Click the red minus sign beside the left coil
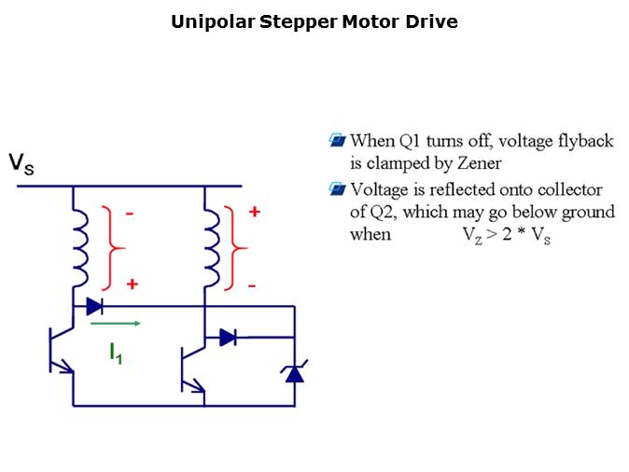tap(131, 214)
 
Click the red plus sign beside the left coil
tap(132, 284)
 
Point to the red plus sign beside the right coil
tap(254, 213)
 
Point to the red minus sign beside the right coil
tap(251, 283)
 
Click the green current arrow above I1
tap(116, 325)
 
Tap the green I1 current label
tap(115, 352)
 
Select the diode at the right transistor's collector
tap(228, 338)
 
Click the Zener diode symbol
tap(295, 373)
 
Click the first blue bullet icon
tap(338, 141)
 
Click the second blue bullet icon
tap(338, 189)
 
